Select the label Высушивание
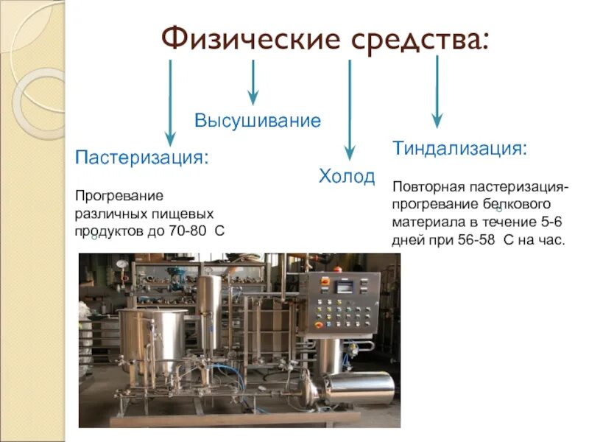point(258,120)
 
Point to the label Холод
point(346,177)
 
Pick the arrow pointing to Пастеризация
point(171,103)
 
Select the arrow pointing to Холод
point(350,110)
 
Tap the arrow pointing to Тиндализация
point(437,92)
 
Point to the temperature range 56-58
point(470,239)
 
